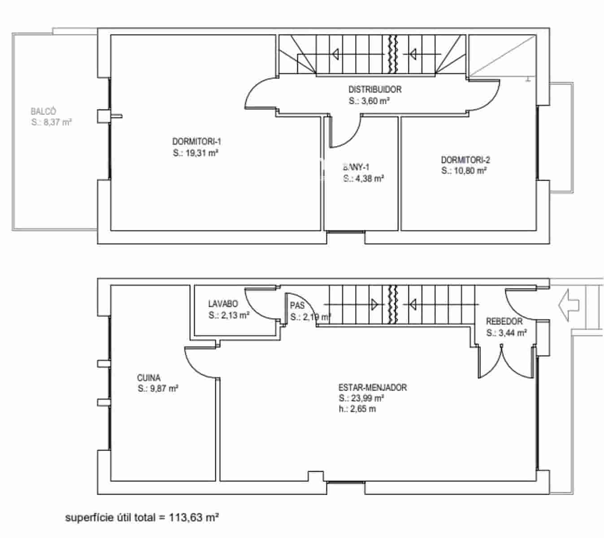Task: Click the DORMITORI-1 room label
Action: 196,142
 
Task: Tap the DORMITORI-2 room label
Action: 465,160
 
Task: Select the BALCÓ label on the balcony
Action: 43,111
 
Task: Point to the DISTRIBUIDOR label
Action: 375,90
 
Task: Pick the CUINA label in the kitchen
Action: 148,378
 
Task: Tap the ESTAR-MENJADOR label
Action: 372,387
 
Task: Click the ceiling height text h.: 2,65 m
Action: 357,409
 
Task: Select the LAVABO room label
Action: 223,304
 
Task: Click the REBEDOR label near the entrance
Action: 504,321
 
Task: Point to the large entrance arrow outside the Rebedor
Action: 568,305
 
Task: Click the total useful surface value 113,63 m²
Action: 194,518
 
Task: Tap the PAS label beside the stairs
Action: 297,306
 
